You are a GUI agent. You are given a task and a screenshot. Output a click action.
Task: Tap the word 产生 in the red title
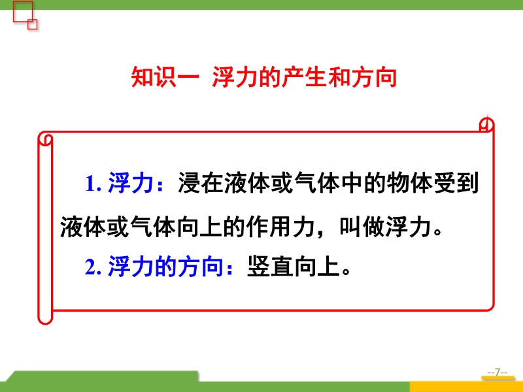pos(304,77)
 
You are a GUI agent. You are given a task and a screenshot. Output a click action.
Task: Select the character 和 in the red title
pos(338,77)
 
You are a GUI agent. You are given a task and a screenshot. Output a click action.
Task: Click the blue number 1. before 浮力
pos(93,184)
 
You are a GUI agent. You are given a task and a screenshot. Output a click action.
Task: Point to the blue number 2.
pos(93,267)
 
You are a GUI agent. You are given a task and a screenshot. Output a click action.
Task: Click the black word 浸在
pos(201,183)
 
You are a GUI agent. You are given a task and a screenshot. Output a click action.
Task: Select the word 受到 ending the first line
pos(456,183)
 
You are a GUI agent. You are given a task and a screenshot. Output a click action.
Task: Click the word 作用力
pos(281,227)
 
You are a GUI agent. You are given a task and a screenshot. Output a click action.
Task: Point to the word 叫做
pos(362,227)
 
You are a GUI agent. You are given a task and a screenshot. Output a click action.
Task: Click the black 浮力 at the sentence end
pos(408,227)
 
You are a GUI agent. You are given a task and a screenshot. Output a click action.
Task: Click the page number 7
pos(498,372)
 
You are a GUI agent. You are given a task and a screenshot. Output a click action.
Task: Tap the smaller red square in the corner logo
pos(32,24)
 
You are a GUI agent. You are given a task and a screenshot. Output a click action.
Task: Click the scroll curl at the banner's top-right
pos(486,125)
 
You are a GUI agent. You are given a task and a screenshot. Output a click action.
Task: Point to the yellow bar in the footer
pos(466,387)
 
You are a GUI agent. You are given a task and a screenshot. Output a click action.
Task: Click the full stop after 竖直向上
pos(346,270)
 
